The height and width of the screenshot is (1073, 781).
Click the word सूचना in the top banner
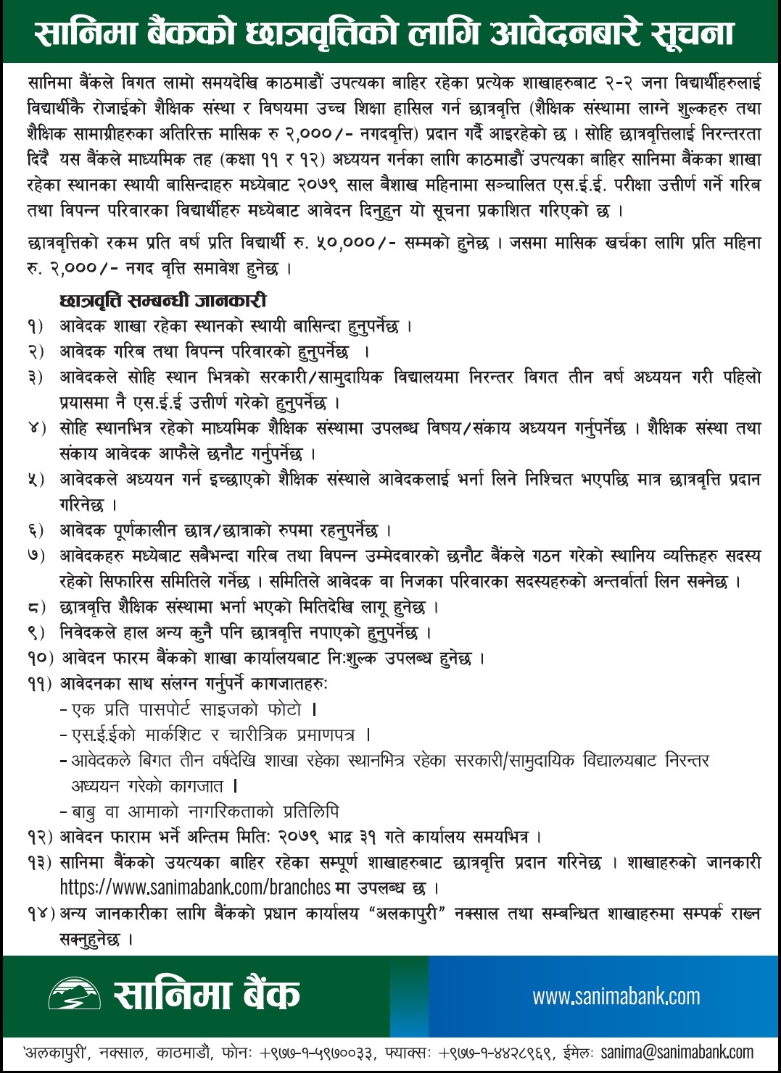click(693, 33)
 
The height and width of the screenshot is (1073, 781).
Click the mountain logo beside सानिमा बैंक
click(74, 994)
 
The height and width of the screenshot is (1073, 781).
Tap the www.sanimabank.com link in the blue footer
click(616, 997)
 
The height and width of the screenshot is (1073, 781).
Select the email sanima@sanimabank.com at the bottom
click(677, 1052)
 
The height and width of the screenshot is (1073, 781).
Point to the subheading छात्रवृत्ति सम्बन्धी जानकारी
click(163, 301)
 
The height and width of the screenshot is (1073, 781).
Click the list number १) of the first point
click(36, 327)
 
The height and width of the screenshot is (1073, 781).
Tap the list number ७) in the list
click(36, 556)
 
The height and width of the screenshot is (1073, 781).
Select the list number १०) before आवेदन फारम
click(40, 659)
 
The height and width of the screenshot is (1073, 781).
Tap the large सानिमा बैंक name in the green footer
click(207, 994)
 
